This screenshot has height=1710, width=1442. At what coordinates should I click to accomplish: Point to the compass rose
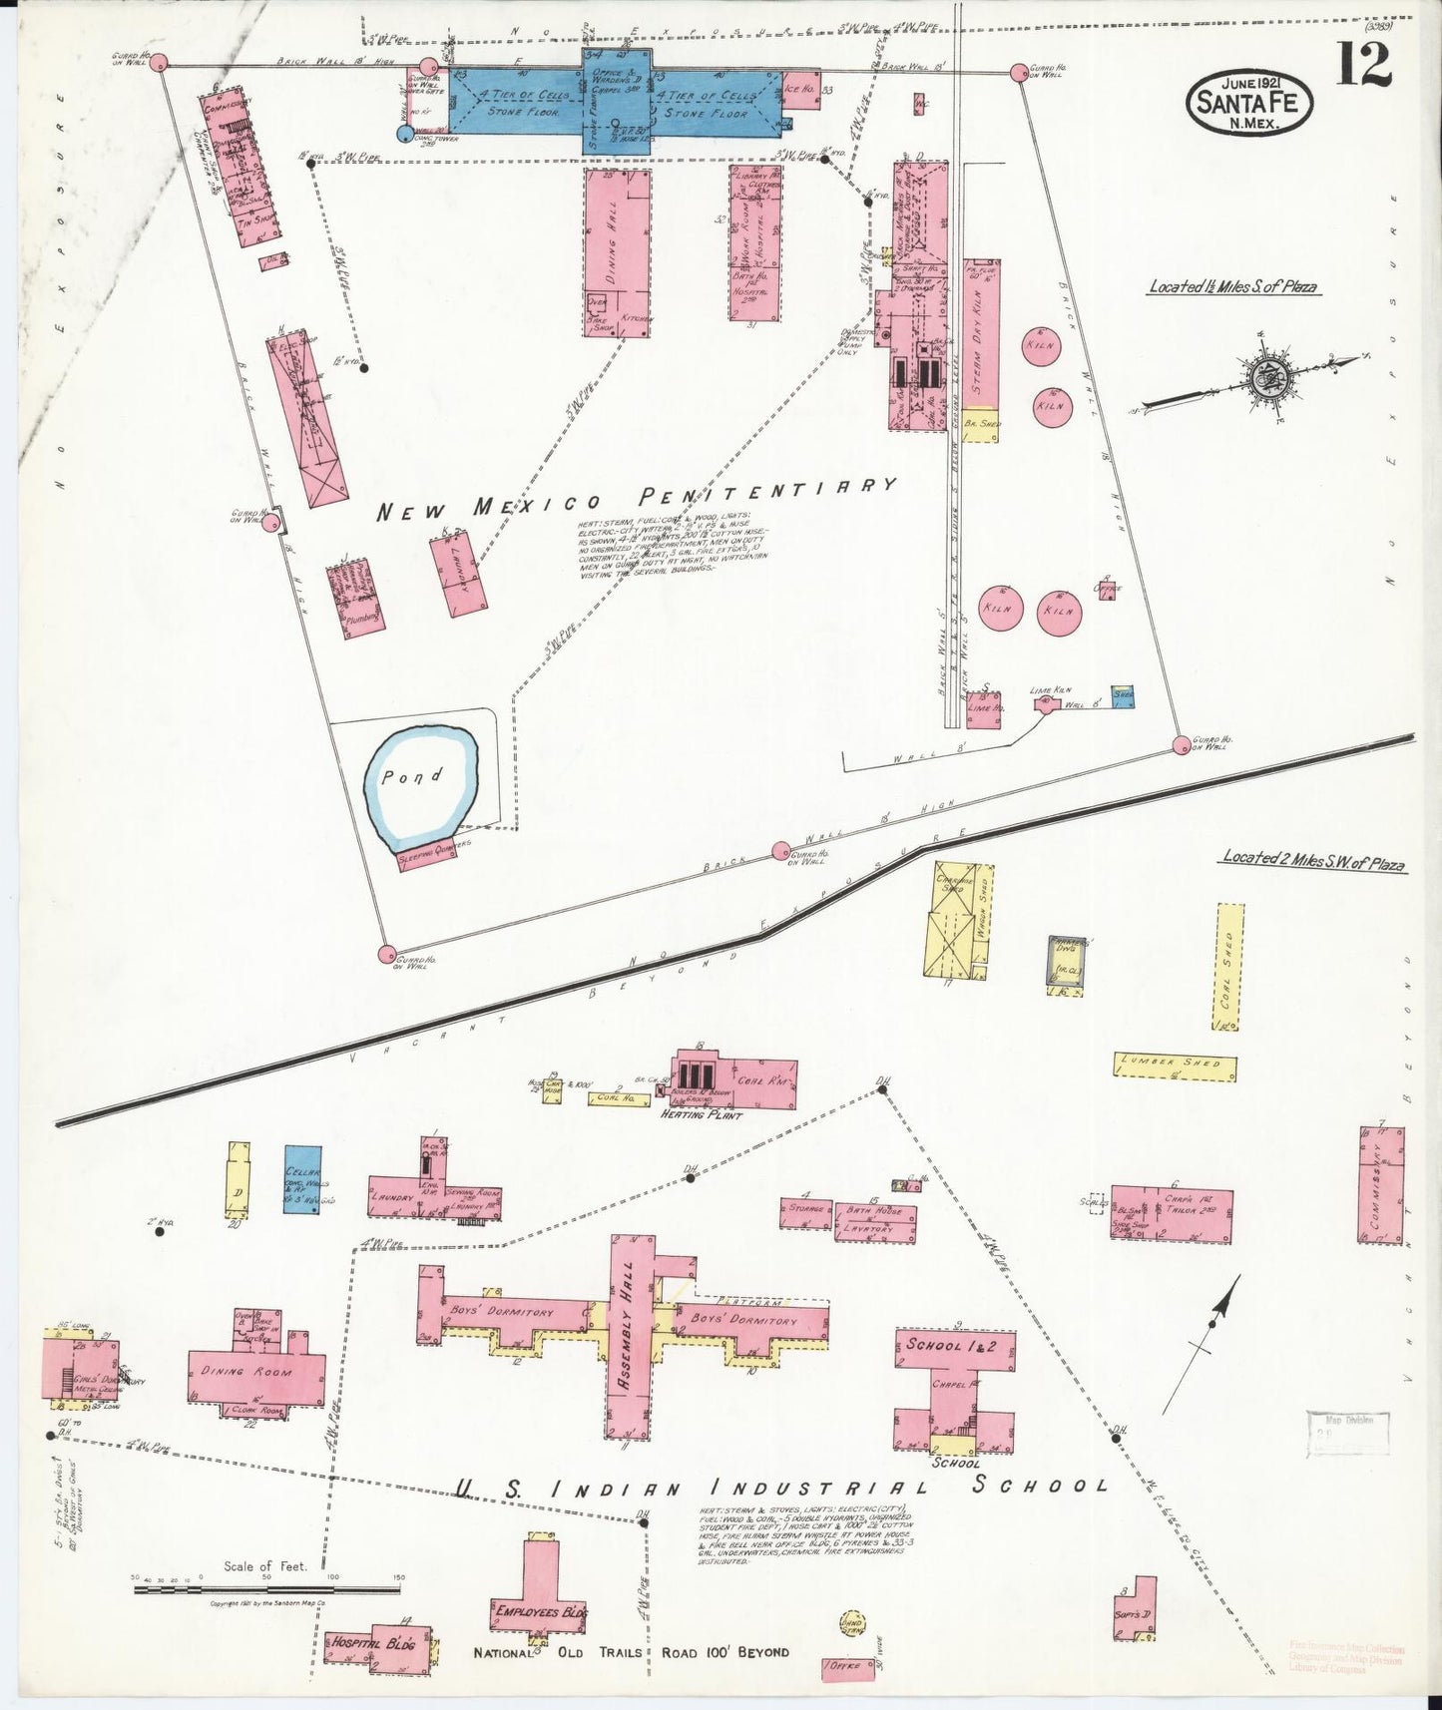tap(1268, 377)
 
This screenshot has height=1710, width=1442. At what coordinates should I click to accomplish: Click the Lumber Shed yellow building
tap(1175, 1065)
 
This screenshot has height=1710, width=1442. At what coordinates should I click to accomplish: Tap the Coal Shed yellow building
tap(1229, 966)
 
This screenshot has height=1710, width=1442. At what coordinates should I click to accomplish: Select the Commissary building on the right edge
tap(1381, 1184)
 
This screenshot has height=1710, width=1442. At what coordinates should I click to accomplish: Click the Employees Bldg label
tap(539, 1612)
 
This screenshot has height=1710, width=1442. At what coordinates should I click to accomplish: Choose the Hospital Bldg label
tap(372, 1644)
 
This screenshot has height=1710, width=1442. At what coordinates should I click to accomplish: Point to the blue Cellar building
tap(302, 1178)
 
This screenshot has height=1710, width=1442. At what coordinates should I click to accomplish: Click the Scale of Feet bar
tap(267, 1588)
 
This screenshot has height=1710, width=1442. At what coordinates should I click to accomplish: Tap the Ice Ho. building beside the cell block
tap(800, 88)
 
